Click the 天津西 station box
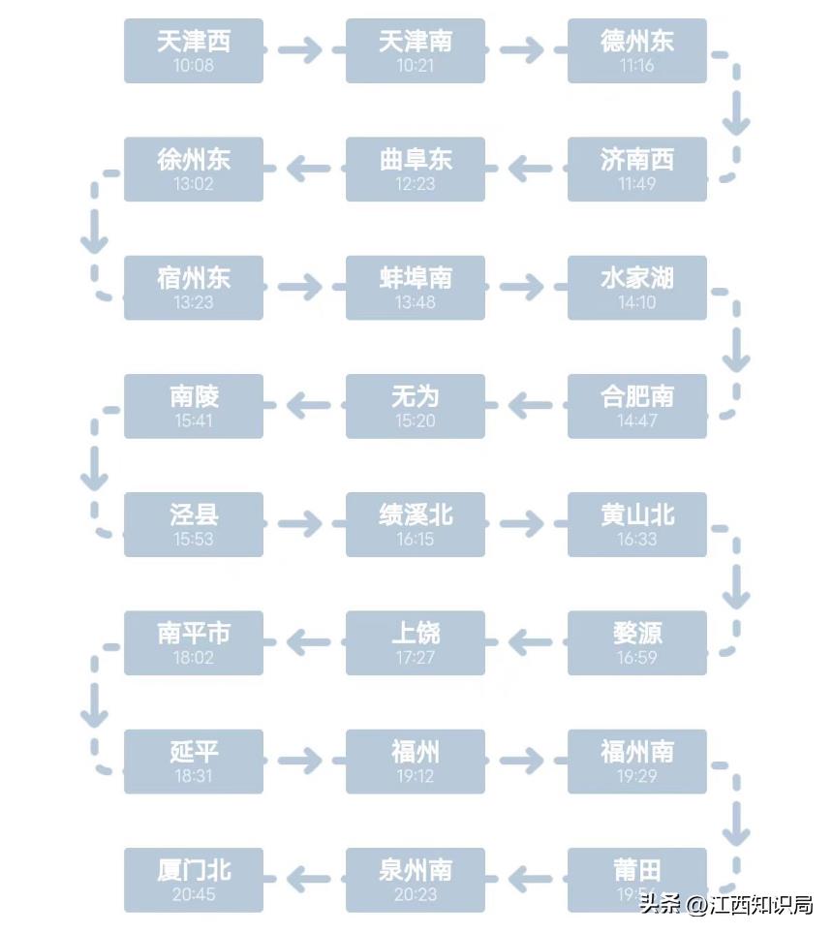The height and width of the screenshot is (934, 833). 194,50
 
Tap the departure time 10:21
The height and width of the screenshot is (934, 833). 415,66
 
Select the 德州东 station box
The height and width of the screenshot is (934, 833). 636,50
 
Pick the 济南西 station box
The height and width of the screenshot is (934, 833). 636,170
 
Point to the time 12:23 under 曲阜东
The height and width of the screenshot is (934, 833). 415,184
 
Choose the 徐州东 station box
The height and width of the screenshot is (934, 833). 194,170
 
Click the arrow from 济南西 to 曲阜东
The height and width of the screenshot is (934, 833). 529,170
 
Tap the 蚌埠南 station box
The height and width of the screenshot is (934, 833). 415,288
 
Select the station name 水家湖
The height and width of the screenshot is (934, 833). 636,278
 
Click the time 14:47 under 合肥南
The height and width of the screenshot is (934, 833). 636,420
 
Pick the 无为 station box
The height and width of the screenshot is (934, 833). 415,406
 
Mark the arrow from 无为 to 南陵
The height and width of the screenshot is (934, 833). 308,406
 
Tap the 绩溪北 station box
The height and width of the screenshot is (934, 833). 415,524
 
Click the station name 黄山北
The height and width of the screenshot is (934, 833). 636,514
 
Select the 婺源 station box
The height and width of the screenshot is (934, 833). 636,642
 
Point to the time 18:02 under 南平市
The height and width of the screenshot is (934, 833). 194,657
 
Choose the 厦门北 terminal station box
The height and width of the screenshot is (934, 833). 194,880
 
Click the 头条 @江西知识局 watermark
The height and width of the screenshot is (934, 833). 725,905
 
